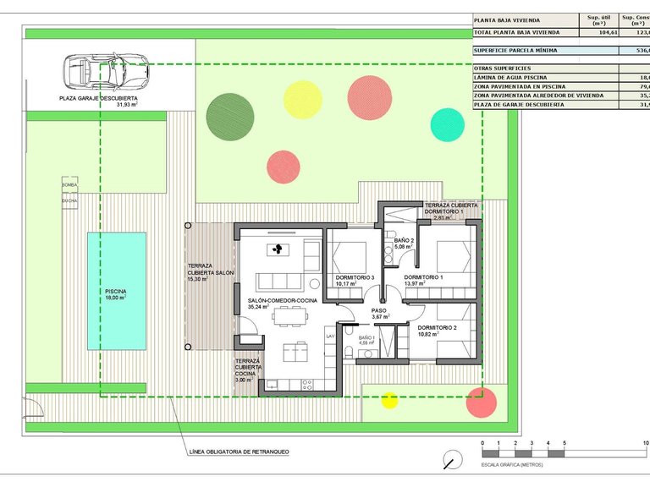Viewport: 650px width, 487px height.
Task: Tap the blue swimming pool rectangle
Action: [x=116, y=292]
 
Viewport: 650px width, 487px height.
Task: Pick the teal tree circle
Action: [x=447, y=123]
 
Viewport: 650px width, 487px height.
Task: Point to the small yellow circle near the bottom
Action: [x=388, y=400]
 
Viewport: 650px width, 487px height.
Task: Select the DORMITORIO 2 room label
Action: [x=437, y=327]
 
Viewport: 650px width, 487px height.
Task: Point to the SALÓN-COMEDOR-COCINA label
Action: [x=283, y=301]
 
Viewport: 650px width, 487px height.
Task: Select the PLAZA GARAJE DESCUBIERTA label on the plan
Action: [x=98, y=98]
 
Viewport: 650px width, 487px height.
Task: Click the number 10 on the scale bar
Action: [x=646, y=443]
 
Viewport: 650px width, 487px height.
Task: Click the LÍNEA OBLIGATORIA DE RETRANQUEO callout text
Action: [x=240, y=452]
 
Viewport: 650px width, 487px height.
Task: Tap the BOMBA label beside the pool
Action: [x=69, y=184]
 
